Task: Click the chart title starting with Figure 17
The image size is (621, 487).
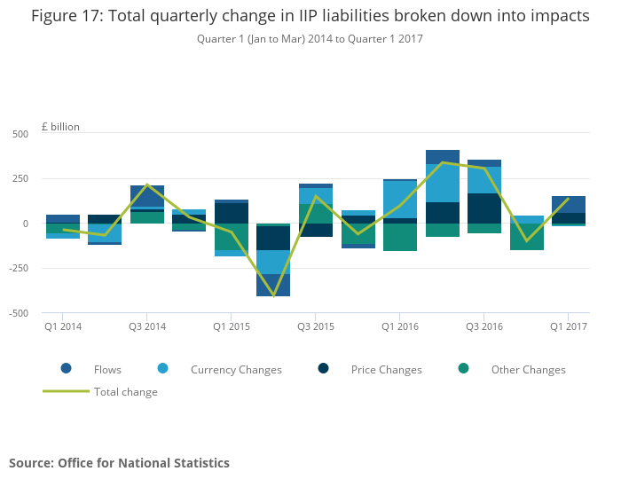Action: click(310, 17)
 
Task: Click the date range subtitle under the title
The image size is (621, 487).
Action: click(310, 39)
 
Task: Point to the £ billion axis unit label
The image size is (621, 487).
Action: click(60, 127)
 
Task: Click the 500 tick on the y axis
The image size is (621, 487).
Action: click(20, 134)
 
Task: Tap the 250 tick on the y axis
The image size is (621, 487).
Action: click(20, 178)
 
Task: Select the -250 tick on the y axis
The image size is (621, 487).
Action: click(18, 268)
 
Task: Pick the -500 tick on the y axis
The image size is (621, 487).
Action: click(18, 313)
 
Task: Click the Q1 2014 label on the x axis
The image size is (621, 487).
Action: click(63, 326)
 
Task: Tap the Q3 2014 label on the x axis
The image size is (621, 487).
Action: click(147, 326)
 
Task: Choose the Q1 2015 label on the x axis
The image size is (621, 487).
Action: click(232, 326)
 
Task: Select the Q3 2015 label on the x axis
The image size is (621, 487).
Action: click(316, 326)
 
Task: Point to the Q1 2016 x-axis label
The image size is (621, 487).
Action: click(400, 326)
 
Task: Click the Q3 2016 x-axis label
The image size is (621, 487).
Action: click(484, 326)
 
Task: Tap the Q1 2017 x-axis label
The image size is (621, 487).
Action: click(569, 326)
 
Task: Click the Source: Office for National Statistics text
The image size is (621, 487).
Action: click(119, 463)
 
